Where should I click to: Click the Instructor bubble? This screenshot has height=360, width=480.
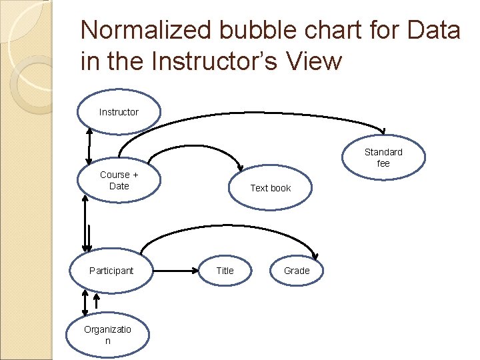click(119, 112)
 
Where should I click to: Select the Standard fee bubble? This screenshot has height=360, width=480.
click(383, 157)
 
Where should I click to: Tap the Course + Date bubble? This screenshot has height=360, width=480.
click(119, 180)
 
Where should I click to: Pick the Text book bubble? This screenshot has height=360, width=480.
click(270, 188)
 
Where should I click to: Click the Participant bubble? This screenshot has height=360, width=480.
click(111, 271)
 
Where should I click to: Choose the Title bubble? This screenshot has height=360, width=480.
click(225, 271)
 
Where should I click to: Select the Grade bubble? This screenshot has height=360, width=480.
click(297, 271)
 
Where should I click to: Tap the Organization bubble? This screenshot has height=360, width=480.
click(107, 335)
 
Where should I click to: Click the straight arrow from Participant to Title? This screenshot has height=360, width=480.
click(177, 271)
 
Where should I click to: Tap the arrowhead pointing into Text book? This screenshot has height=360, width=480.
click(241, 167)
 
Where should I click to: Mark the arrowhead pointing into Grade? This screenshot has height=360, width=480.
click(316, 254)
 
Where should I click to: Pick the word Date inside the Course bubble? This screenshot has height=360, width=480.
click(119, 186)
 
